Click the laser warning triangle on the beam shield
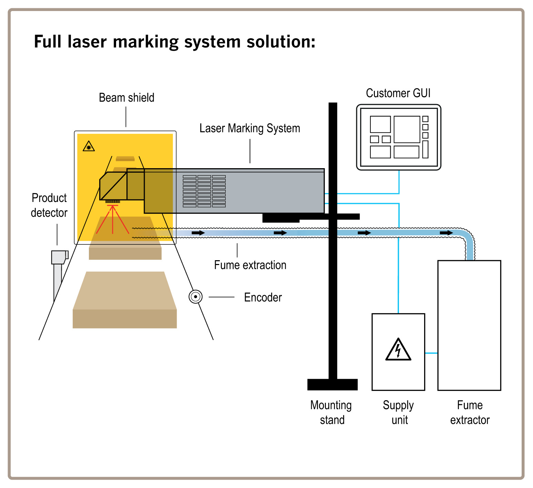click(x=89, y=146)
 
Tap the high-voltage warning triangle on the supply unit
click(x=398, y=350)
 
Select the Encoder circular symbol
click(x=195, y=297)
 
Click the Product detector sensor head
click(x=59, y=257)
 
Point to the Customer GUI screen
click(x=398, y=137)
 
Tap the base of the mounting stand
click(x=332, y=384)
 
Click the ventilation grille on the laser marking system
click(x=204, y=191)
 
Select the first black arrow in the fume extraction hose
click(x=198, y=233)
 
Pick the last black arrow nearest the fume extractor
click(x=446, y=233)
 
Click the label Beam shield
click(x=126, y=98)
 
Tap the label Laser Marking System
click(x=249, y=128)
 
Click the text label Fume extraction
click(x=250, y=265)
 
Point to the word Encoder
click(x=263, y=297)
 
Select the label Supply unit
click(x=398, y=412)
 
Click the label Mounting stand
click(x=331, y=412)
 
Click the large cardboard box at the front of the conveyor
click(x=125, y=300)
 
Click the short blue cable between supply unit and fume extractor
click(x=431, y=353)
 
